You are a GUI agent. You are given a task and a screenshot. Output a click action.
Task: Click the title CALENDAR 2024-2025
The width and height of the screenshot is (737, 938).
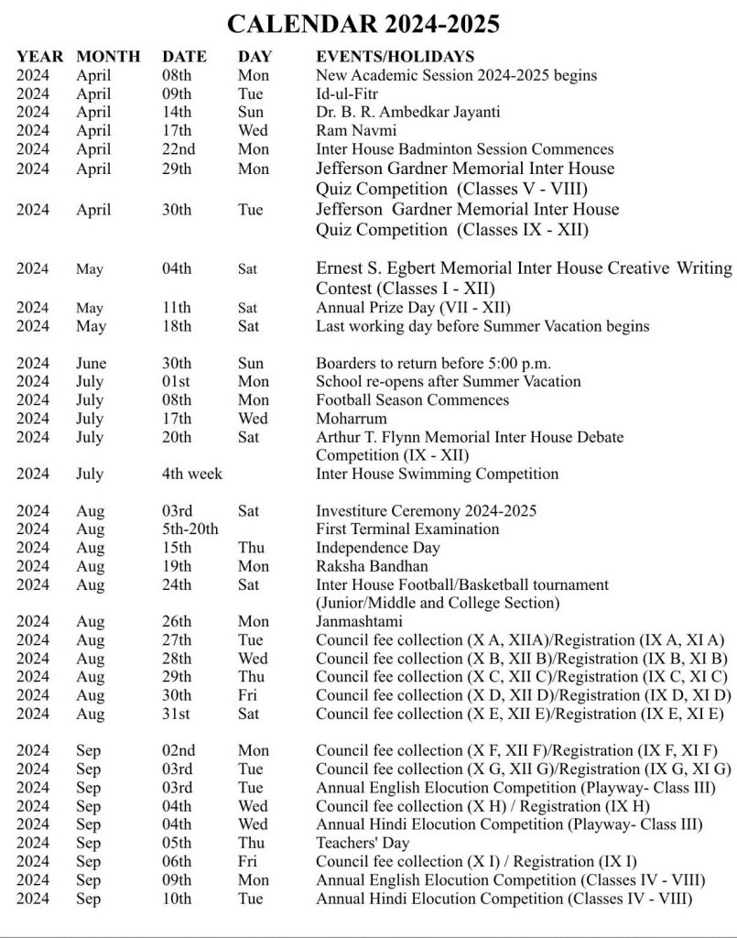[369, 23]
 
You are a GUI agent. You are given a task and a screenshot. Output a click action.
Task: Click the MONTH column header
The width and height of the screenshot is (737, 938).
[108, 57]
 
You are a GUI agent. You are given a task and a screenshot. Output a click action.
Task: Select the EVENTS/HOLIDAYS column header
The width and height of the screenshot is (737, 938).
[395, 57]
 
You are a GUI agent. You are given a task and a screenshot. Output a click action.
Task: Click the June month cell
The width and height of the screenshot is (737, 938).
[92, 363]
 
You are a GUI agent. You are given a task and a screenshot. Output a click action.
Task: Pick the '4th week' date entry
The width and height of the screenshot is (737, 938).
[192, 474]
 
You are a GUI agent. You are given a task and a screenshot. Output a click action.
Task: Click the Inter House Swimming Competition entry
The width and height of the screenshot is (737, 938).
[437, 474]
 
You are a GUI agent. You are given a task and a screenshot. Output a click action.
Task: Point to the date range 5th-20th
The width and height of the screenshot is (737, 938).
[190, 529]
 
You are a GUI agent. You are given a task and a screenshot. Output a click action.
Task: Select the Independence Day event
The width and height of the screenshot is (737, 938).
[377, 548]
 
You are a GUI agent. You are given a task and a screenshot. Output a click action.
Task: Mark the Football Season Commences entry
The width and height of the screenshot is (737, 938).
[412, 400]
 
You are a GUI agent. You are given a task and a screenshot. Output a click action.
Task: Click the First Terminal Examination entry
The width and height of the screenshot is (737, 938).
[407, 529]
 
